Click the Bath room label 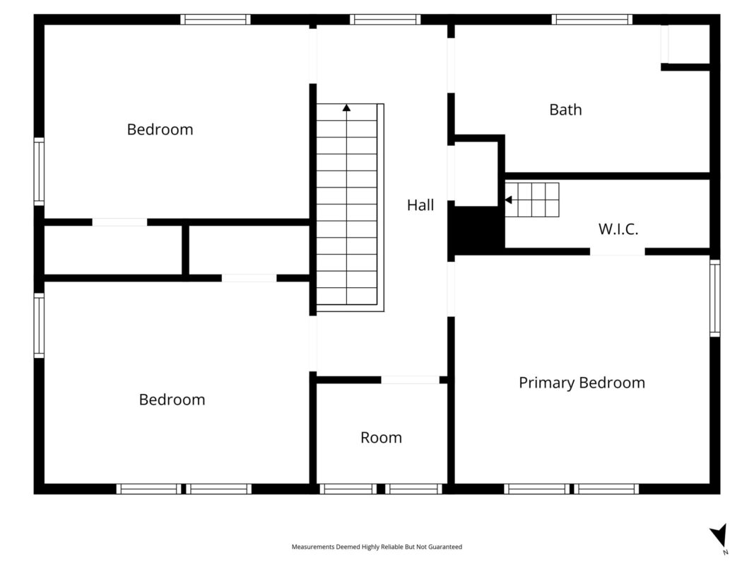565,110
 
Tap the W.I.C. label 618,229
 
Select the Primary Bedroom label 582,383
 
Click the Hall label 420,205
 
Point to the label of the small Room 382,437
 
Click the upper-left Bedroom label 160,129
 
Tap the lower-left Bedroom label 172,400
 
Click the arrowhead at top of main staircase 347,108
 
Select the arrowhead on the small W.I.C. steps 508,200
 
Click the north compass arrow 719,535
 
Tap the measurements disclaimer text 377,547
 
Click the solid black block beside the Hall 476,230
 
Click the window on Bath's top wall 592,20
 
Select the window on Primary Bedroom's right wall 715,298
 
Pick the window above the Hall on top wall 385,20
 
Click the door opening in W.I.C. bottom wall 618,252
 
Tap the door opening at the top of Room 410,380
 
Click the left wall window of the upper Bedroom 39,172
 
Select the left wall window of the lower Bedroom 39,326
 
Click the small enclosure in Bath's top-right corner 685,45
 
